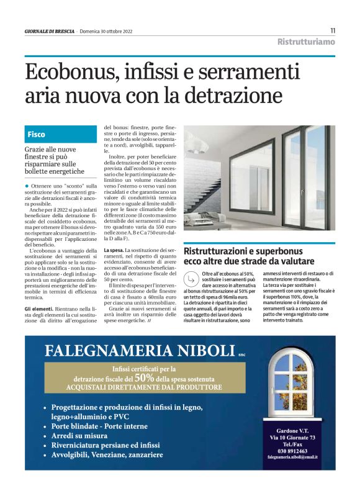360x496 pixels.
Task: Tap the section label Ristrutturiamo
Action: click(x=306, y=42)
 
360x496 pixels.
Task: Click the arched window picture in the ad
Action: click(x=290, y=385)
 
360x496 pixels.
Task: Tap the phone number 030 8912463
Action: click(x=292, y=451)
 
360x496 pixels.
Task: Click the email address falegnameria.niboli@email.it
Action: click(x=292, y=457)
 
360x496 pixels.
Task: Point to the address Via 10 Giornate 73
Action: click(x=292, y=438)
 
